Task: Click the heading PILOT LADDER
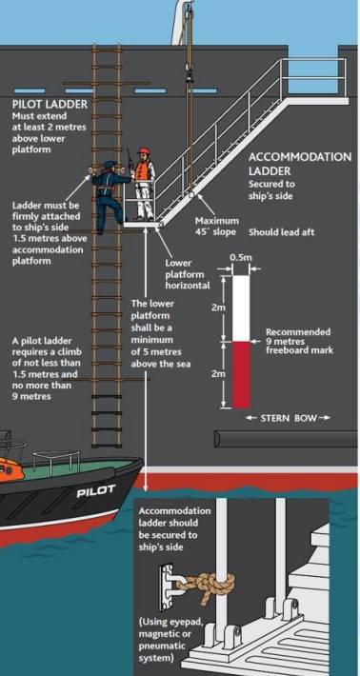coord(50,104)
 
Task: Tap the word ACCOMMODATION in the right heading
coord(300,157)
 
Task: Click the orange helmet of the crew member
coord(143,151)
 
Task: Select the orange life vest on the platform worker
coord(143,170)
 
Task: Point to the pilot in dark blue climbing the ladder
coord(107,195)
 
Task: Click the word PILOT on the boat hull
coord(95,490)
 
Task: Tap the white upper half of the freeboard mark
coord(241,308)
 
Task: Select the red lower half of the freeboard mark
coord(241,375)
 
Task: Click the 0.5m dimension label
coord(241,258)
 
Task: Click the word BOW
coord(306,418)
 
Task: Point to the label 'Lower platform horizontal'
coord(188,274)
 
